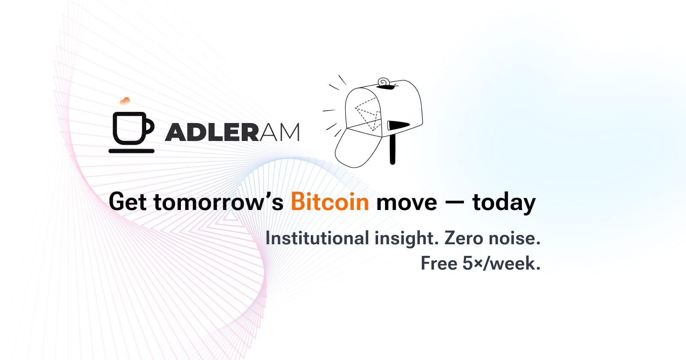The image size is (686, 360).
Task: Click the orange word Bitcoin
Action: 330,202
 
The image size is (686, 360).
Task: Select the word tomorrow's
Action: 218,202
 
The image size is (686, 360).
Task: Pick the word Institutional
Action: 317,238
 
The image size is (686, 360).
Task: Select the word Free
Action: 439,263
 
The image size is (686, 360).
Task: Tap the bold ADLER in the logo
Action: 212,132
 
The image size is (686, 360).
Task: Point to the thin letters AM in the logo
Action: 280,132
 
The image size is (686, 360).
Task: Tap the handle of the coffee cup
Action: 150,126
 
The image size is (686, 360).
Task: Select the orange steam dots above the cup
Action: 125,101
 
